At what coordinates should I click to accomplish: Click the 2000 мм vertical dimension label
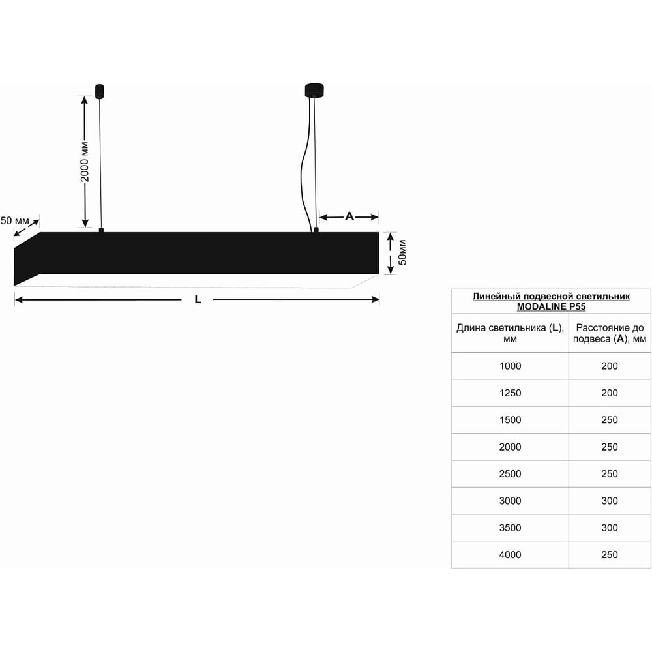[84, 162]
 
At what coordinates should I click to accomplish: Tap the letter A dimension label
[349, 216]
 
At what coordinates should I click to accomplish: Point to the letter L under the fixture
[198, 299]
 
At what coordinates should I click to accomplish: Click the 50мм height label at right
[402, 252]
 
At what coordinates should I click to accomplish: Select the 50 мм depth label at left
[14, 220]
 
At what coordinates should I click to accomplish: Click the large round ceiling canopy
[314, 90]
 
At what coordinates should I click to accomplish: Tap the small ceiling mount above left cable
[99, 91]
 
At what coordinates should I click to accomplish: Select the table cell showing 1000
[511, 366]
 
